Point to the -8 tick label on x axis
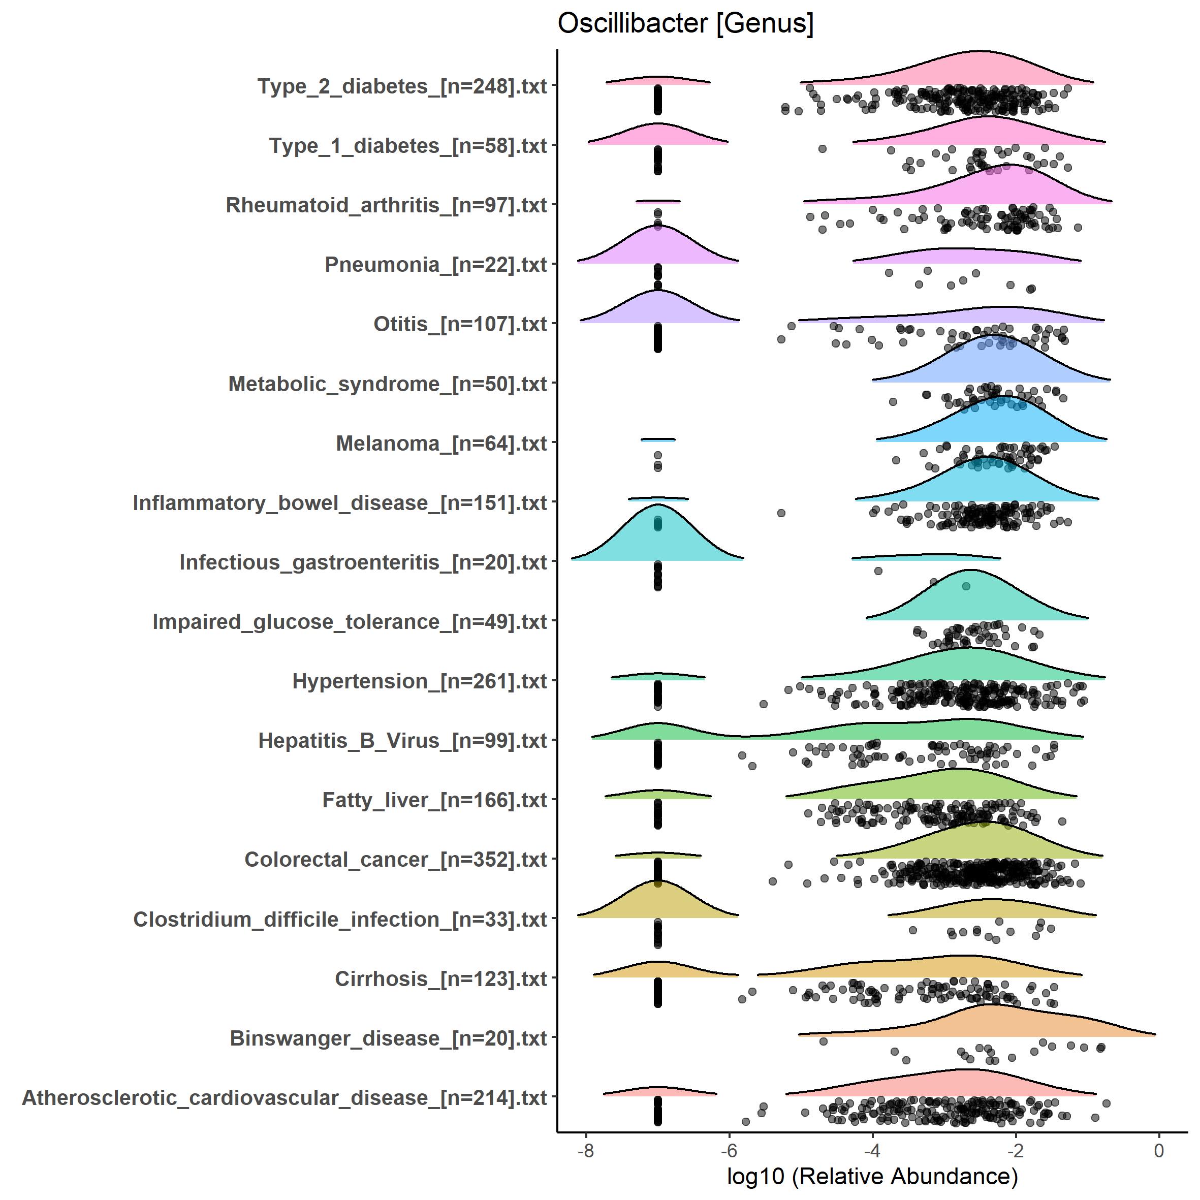tap(586, 1150)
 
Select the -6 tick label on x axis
tap(729, 1150)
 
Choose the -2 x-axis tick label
tap(1015, 1150)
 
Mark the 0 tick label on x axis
tap(1158, 1150)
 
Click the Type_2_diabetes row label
tap(402, 86)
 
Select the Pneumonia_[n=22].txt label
tap(435, 265)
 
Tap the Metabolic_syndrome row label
tap(388, 384)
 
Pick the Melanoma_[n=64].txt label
tap(441, 444)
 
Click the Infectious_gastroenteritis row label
tap(363, 562)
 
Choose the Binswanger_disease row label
tap(388, 1038)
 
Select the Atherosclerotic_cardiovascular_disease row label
tap(285, 1097)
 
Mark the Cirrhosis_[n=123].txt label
tap(440, 979)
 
